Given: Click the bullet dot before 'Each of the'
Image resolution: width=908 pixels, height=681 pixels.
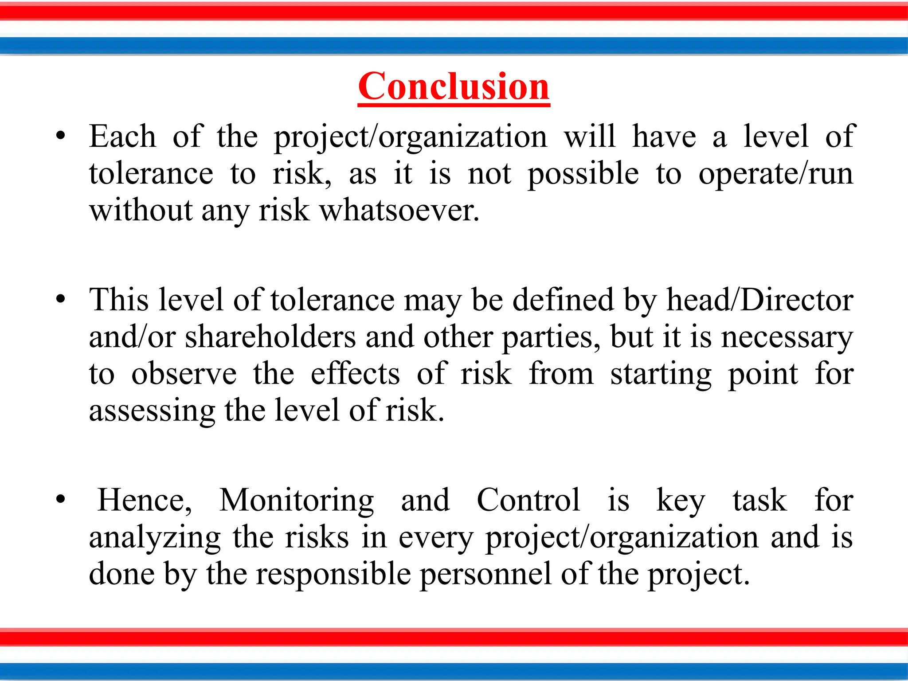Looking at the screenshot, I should [x=61, y=136].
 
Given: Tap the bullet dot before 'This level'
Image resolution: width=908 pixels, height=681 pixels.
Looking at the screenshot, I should [x=61, y=299].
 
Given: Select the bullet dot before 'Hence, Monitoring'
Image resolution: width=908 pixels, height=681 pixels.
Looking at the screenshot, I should [x=61, y=500].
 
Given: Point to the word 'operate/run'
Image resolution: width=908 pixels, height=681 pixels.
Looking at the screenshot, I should [x=775, y=173].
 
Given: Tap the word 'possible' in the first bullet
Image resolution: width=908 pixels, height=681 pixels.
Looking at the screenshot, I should [x=583, y=173].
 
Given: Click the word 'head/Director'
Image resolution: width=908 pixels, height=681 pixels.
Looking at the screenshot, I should [x=760, y=300].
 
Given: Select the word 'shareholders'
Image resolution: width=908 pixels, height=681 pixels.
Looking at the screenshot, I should [x=270, y=337].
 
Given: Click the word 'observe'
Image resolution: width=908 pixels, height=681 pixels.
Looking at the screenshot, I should [x=184, y=374].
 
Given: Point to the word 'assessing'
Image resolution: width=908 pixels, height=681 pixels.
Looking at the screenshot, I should [x=152, y=411].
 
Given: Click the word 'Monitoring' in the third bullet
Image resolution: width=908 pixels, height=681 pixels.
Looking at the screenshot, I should [x=297, y=501].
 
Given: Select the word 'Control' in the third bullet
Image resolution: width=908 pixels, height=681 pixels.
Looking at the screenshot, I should [x=528, y=501].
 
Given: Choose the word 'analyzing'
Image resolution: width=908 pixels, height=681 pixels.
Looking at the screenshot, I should [x=154, y=538].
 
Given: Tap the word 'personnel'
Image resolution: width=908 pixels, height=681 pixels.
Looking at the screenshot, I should [x=485, y=574].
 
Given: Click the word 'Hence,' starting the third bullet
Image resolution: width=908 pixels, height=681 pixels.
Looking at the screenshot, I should [x=145, y=501].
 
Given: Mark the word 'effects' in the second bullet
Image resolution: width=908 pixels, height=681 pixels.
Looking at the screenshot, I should [x=355, y=374].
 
